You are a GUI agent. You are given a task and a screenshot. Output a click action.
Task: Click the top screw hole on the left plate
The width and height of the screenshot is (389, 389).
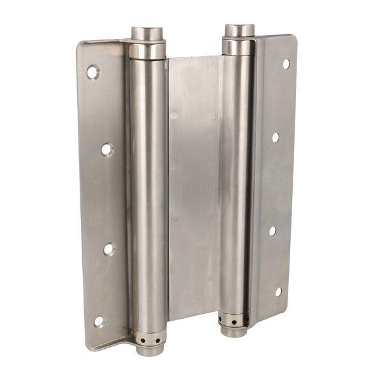coord(93,72)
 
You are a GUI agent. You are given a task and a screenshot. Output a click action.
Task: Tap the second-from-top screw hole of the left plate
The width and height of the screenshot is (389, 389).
coord(106,149)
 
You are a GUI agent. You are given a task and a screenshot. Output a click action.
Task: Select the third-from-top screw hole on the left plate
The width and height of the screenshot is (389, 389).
coord(109,249)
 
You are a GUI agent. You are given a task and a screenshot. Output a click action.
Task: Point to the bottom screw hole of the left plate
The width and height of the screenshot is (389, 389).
coord(99,321)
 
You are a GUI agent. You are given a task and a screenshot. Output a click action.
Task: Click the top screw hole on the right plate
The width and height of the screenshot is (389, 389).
coord(286,64)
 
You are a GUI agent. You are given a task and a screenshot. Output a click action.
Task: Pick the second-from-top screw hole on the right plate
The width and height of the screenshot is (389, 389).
coord(275,136)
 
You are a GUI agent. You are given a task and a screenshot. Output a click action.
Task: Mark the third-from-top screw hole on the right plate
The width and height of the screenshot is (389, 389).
coord(272,231)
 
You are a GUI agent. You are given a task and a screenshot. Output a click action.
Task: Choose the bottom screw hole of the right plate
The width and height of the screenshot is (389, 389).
coord(278,292)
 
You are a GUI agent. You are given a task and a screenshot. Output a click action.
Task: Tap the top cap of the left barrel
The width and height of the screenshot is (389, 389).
coord(148,33)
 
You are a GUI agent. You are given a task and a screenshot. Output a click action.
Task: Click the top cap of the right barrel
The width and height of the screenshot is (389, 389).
coord(239,31)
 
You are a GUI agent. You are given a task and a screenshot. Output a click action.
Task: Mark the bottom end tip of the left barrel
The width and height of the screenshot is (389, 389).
coord(149,350)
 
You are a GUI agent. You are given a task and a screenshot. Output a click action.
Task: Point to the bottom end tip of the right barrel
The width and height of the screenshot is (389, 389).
coord(234,332)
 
